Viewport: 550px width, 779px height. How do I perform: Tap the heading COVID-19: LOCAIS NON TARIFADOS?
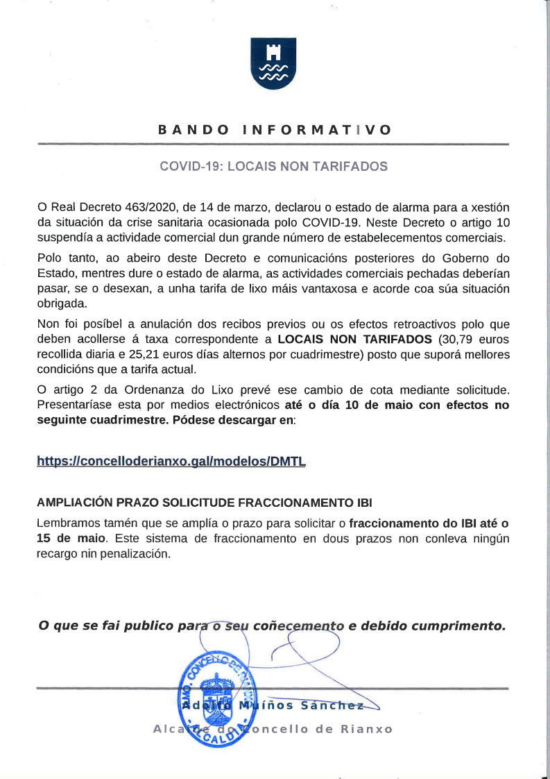point(273,167)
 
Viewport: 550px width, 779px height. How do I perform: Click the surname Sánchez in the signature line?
point(333,707)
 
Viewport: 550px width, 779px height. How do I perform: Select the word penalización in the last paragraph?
point(136,553)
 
